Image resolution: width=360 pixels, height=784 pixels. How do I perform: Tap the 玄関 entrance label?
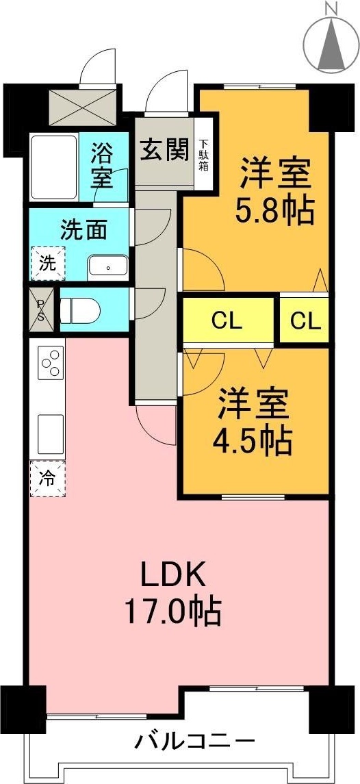pos(164,150)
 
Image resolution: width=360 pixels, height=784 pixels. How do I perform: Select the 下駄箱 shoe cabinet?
pos(204,155)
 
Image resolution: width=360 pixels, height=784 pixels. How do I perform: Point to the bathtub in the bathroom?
pos(53,167)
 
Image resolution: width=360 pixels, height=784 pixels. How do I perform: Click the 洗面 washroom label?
pos(83,229)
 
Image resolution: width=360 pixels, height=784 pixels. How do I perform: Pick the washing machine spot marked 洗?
pos(47,264)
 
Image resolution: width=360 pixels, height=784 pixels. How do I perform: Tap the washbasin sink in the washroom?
pos(107,266)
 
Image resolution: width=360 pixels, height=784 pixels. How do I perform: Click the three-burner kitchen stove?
pos(51,362)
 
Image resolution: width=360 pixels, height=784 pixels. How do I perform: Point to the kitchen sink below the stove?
pos(51,431)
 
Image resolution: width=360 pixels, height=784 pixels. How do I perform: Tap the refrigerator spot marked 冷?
pos(47,478)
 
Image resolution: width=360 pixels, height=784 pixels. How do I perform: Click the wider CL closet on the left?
pos(227,320)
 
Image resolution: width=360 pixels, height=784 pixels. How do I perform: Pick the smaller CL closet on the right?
pos(305,320)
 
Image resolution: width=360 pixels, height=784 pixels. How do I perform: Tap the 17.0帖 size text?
pos(172,611)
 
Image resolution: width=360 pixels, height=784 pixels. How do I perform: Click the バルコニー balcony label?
pos(194,741)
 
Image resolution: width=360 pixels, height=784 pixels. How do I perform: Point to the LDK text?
pos(172,575)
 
